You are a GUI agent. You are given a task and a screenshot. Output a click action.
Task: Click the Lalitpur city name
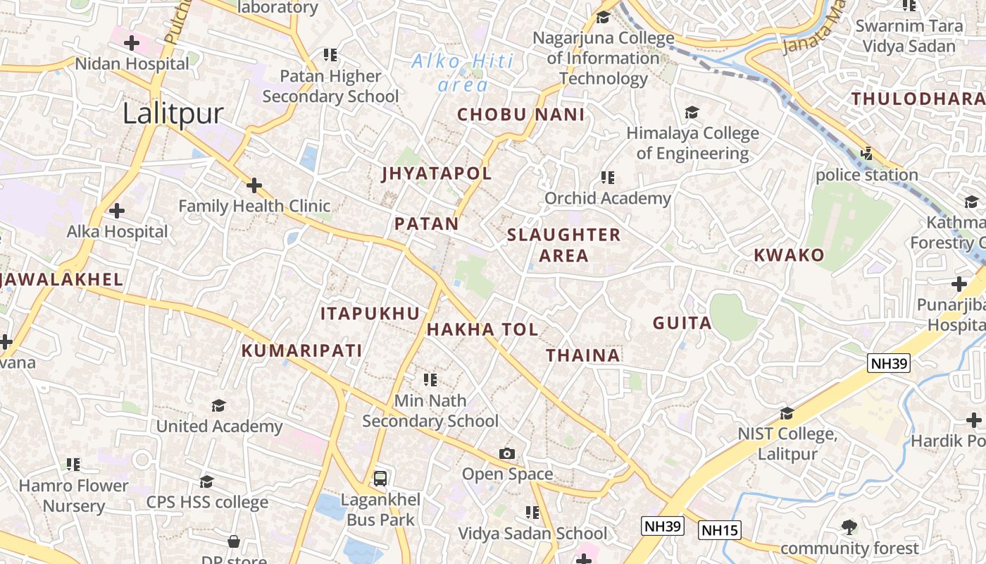pos(173,114)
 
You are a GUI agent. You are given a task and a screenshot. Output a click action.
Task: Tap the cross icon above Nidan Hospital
pos(132,43)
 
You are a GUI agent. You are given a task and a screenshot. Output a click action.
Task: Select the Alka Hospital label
pos(118,231)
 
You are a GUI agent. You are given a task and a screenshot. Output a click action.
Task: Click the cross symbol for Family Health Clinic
pos(254,186)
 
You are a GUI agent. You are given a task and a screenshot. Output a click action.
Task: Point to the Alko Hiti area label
pos(463,73)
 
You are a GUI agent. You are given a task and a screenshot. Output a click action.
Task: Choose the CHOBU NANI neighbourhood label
pos(521,115)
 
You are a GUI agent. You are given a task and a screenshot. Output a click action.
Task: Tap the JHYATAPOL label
pos(437,173)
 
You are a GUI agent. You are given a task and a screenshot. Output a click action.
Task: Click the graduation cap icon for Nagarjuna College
pos(603,17)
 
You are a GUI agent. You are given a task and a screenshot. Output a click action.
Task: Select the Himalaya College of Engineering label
pos(692,143)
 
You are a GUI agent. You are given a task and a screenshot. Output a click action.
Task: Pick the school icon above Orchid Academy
pos(607,178)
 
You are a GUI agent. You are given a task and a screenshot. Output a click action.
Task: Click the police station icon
pos(867,153)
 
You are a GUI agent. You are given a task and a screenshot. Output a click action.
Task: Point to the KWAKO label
pos(789,255)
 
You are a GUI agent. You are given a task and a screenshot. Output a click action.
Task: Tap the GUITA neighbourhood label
pos(682,324)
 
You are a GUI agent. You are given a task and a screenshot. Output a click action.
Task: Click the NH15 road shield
pos(720,529)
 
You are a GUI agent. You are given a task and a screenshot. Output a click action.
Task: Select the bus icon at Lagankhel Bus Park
pos(380,479)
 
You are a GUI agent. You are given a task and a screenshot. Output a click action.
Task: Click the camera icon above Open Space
pos(507,453)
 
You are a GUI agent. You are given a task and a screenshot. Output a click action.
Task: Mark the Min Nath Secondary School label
pos(430,411)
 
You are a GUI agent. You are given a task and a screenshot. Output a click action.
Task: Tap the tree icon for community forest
pos(849,527)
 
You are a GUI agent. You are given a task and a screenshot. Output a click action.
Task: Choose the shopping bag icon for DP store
pos(234,541)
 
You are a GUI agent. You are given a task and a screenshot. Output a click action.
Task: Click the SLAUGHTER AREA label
pos(563,245)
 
